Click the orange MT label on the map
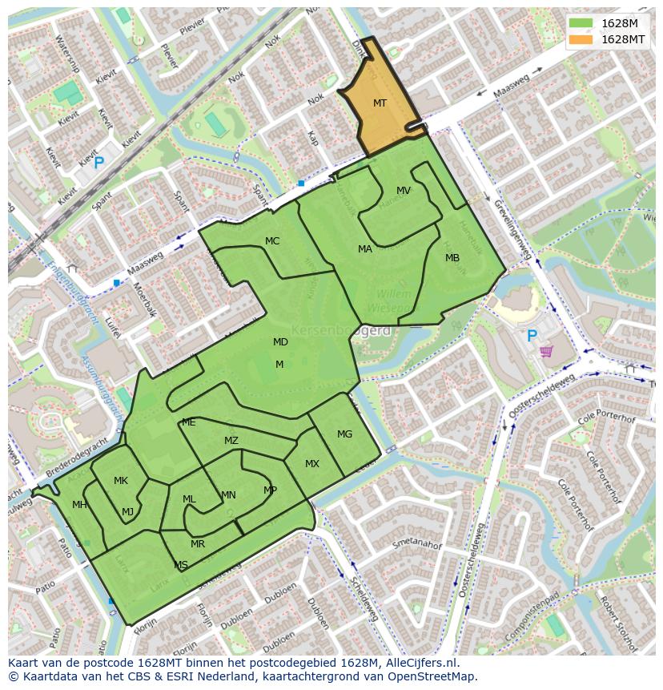click(x=380, y=103)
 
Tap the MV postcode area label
click(x=404, y=191)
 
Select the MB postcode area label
click(x=452, y=258)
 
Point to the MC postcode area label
click(x=272, y=241)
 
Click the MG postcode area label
click(x=344, y=434)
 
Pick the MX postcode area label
click(x=312, y=464)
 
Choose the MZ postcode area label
click(x=231, y=441)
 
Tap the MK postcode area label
click(x=121, y=481)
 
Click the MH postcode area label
click(x=79, y=505)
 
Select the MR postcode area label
click(x=198, y=544)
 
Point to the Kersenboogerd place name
click(x=341, y=330)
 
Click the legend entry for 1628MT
click(x=623, y=39)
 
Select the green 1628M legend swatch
click(x=581, y=23)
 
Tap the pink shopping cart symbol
click(x=547, y=351)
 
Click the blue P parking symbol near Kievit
click(x=98, y=163)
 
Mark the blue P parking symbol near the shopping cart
click(x=530, y=337)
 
